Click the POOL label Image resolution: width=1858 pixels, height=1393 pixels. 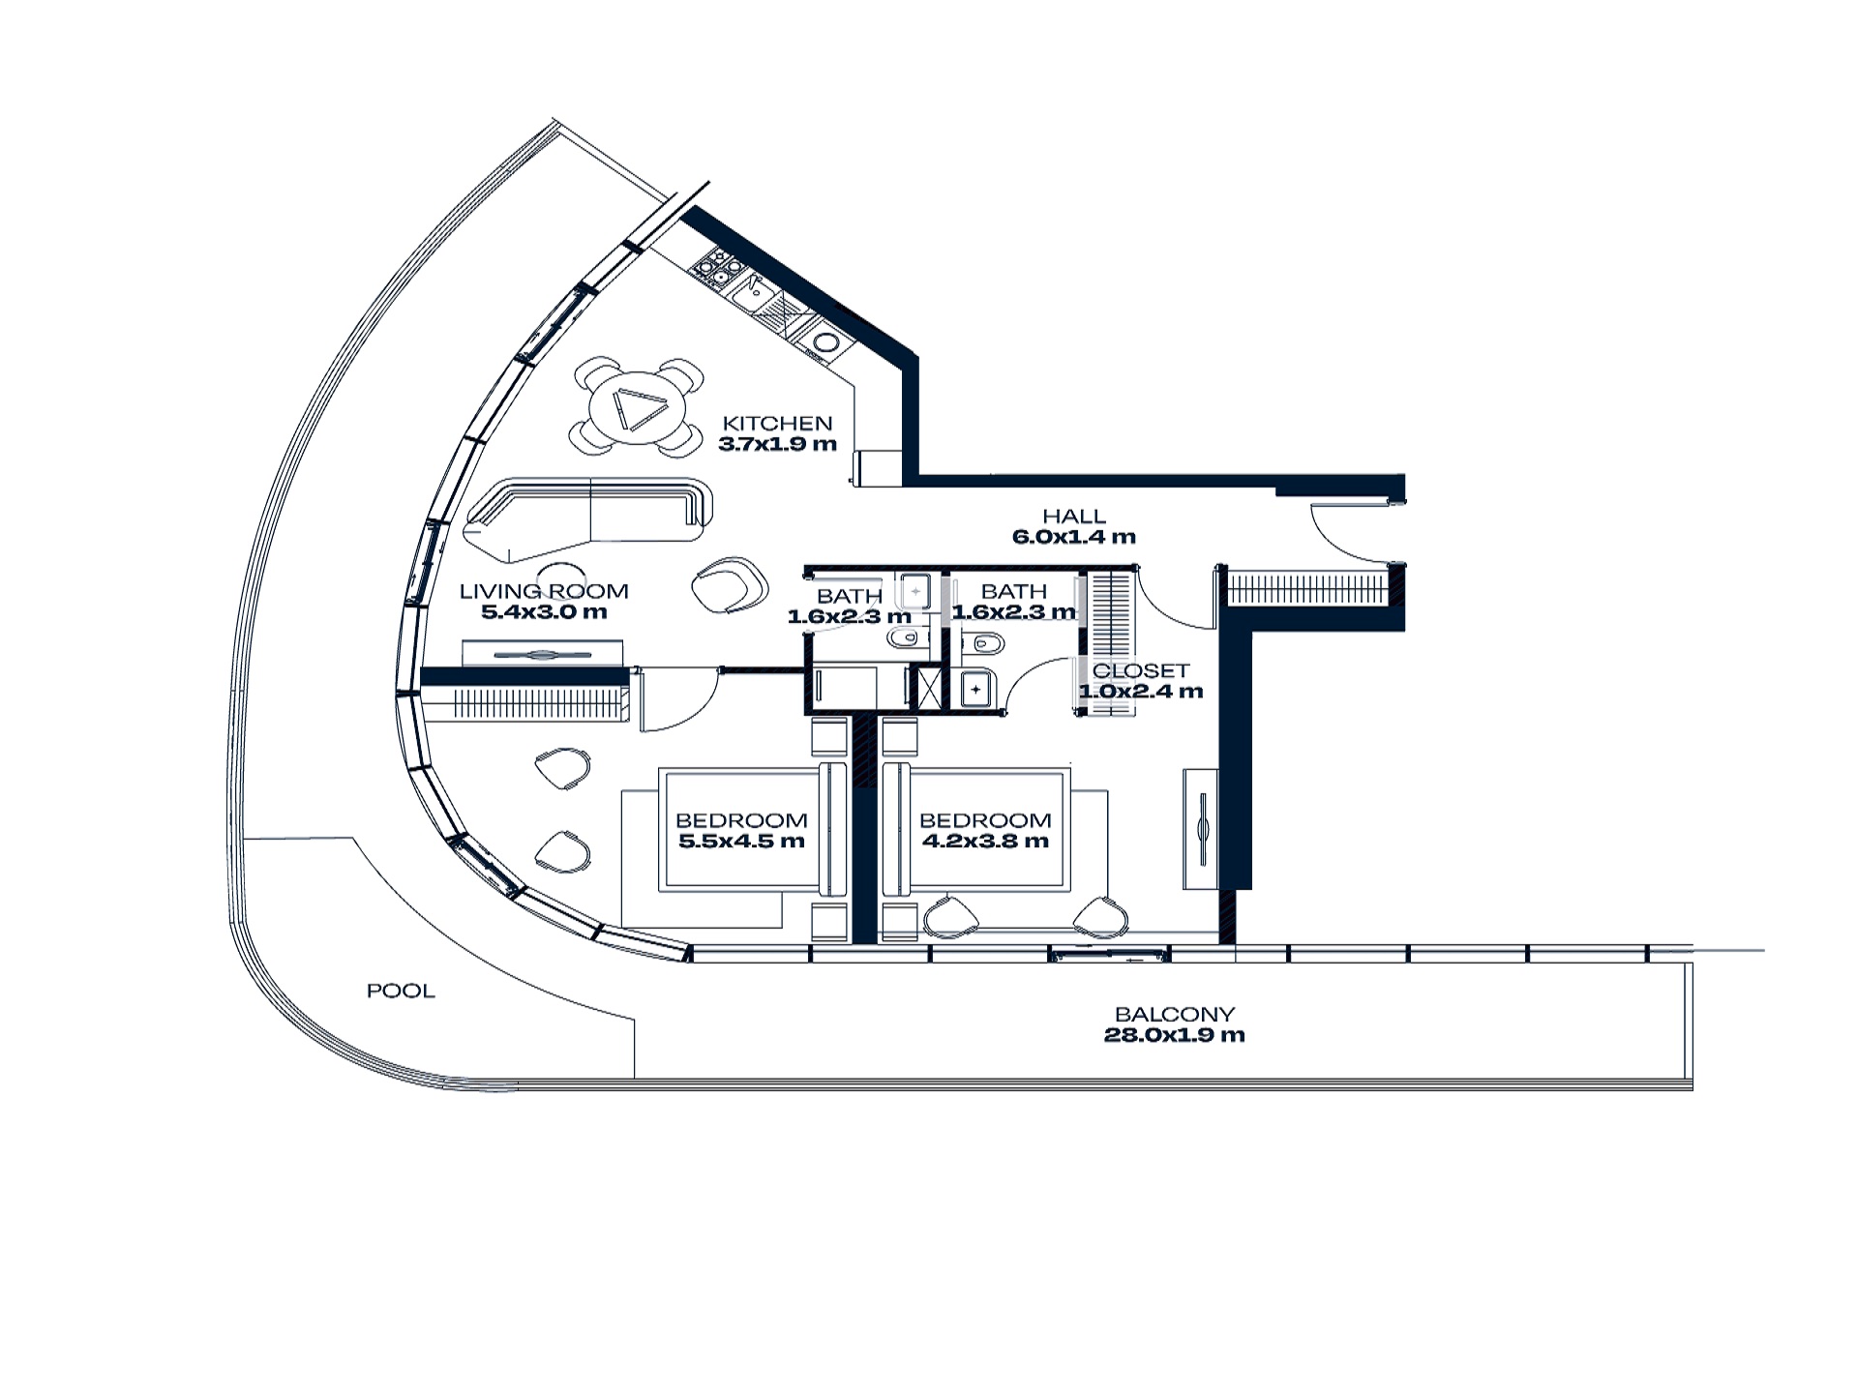pyautogui.click(x=401, y=991)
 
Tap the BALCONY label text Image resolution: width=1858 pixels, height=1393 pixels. pyautogui.click(x=1175, y=1014)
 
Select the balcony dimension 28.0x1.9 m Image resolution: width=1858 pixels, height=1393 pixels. pyautogui.click(x=1175, y=1035)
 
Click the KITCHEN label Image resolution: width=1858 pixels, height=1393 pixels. pyautogui.click(x=777, y=423)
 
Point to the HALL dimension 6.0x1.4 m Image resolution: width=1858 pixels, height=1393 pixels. pyautogui.click(x=1074, y=537)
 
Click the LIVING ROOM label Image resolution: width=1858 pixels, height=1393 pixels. pyautogui.click(x=544, y=591)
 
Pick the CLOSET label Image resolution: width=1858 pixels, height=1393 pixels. pyautogui.click(x=1141, y=670)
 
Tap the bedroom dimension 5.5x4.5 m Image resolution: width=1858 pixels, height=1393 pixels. pyautogui.click(x=741, y=842)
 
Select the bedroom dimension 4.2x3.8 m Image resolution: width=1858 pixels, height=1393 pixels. pyautogui.click(x=985, y=842)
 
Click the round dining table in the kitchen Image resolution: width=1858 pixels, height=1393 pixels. pyautogui.click(x=636, y=406)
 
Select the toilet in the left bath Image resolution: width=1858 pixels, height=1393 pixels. pyautogui.click(x=906, y=637)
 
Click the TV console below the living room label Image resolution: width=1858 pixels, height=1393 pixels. pyautogui.click(x=542, y=654)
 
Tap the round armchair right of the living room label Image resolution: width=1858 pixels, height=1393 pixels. pyautogui.click(x=730, y=583)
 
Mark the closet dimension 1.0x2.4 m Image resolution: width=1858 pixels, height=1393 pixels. pyautogui.click(x=1141, y=692)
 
